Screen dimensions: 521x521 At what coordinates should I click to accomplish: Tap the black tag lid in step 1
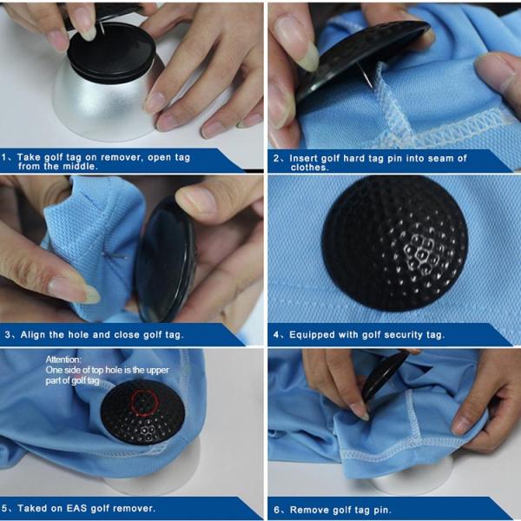coord(111,52)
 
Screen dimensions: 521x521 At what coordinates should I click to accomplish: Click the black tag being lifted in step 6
coord(382,373)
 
